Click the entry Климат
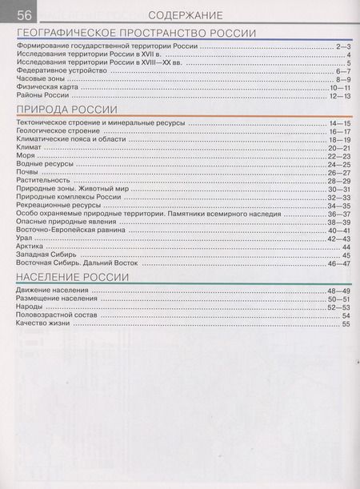29,148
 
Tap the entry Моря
26,156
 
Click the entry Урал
25,238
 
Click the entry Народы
31,307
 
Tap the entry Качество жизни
45,323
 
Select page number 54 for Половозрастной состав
346,315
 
